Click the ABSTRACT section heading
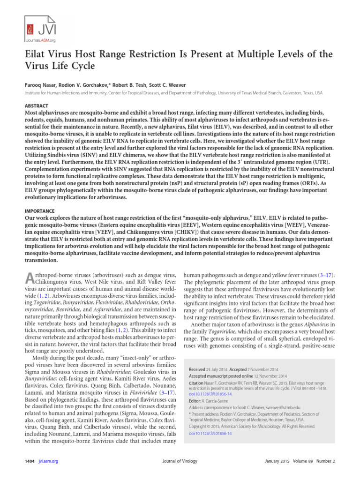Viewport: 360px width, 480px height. (x=36, y=106)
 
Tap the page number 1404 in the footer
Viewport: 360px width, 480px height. (x=30, y=461)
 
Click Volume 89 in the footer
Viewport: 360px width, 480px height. (x=307, y=461)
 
